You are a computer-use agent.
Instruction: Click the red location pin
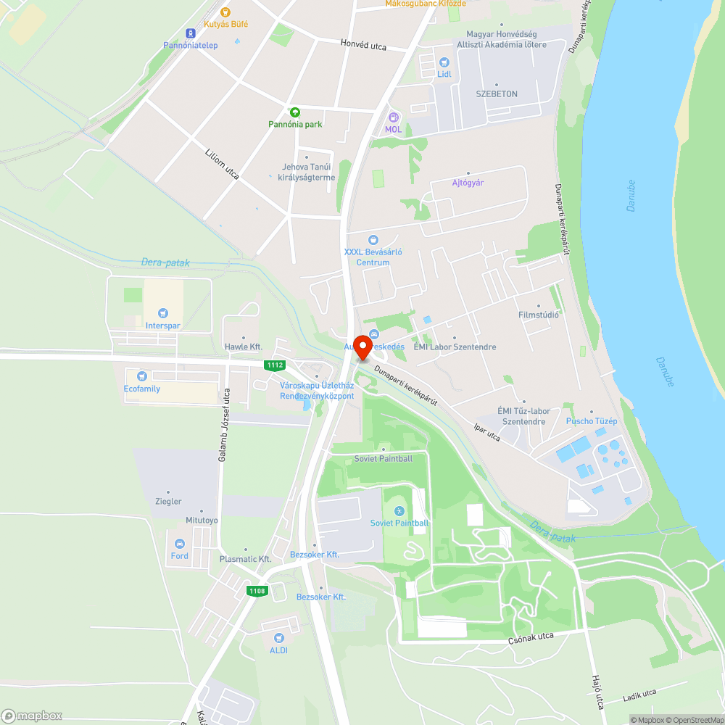(x=362, y=347)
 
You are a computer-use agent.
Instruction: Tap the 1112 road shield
(x=275, y=365)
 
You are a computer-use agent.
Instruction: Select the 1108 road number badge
(x=257, y=591)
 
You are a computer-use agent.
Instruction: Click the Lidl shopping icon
(x=444, y=62)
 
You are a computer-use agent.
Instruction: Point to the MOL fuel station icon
(x=393, y=117)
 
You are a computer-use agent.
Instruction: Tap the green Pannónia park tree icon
(x=295, y=112)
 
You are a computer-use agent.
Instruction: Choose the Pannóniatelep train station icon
(x=190, y=33)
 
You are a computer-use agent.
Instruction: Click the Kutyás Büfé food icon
(x=225, y=12)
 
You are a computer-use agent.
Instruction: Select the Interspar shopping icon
(x=162, y=313)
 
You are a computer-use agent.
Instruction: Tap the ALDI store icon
(x=278, y=638)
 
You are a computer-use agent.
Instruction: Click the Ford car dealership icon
(x=179, y=544)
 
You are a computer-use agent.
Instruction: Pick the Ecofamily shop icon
(x=141, y=376)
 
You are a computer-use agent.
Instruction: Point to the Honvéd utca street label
(x=363, y=45)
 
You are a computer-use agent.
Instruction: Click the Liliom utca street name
(x=223, y=163)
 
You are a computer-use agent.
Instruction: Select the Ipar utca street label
(x=486, y=433)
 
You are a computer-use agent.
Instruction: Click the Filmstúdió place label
(x=539, y=315)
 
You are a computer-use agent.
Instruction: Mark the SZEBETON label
(x=497, y=94)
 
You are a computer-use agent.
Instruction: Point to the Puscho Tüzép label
(x=591, y=421)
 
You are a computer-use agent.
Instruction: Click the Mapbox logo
(x=32, y=715)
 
